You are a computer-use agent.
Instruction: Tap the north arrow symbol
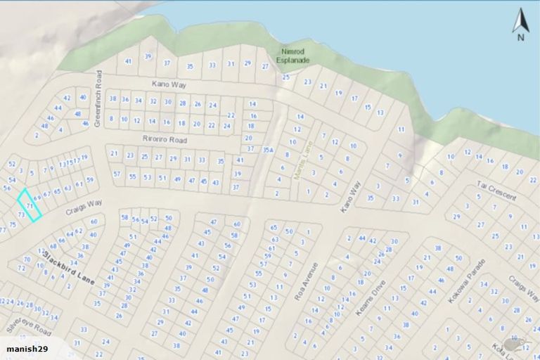click(x=520, y=26)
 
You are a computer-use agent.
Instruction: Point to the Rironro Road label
click(x=162, y=139)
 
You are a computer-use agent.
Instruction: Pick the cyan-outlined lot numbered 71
click(x=29, y=205)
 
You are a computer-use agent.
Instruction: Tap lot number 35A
click(x=267, y=149)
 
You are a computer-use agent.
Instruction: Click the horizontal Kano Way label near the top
click(x=167, y=84)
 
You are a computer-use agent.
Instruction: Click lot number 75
click(x=12, y=225)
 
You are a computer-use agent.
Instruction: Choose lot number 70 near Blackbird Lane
click(x=27, y=259)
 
